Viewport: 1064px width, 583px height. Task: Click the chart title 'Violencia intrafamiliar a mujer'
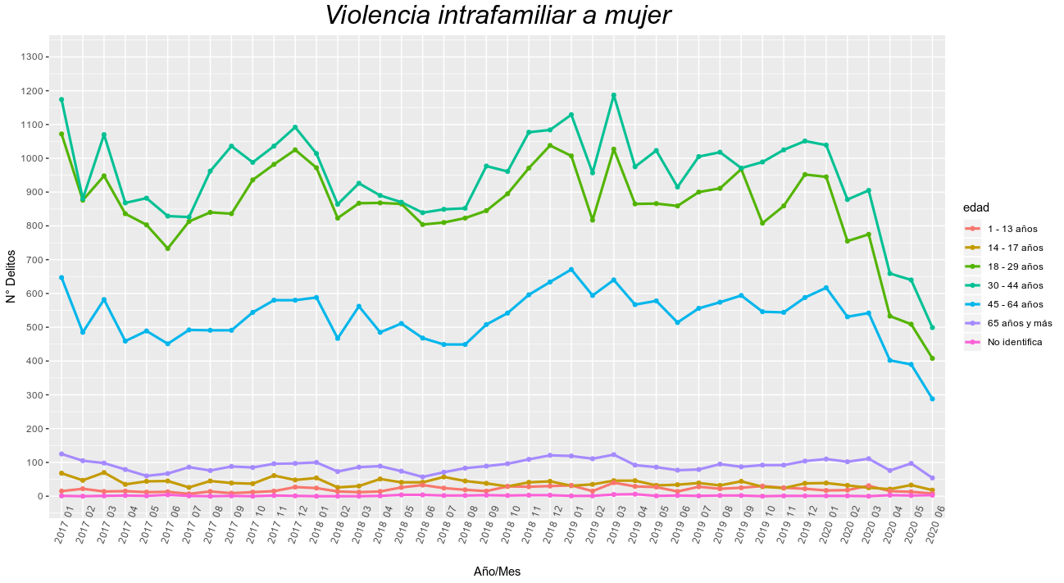pyautogui.click(x=498, y=16)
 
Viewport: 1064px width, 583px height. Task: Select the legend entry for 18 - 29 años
pyautogui.click(x=1015, y=266)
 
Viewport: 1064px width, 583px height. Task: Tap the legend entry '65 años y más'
pyautogui.click(x=1020, y=323)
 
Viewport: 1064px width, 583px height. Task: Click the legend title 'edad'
pyautogui.click(x=975, y=207)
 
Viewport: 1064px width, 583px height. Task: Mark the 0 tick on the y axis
pyautogui.click(x=39, y=496)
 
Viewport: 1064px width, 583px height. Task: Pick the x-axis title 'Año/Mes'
pyautogui.click(x=497, y=572)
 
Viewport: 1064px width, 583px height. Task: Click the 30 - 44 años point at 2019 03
pyautogui.click(x=614, y=95)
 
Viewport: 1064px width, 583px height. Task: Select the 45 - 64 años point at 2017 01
pyautogui.click(x=61, y=277)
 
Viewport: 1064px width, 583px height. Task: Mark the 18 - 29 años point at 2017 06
pyautogui.click(x=168, y=248)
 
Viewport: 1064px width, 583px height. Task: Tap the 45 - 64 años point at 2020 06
pyautogui.click(x=932, y=399)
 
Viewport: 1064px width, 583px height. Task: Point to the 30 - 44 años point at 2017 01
pyautogui.click(x=61, y=99)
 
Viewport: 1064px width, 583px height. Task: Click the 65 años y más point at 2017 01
pyautogui.click(x=61, y=453)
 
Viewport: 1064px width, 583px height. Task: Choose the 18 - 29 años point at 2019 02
pyautogui.click(x=593, y=220)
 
